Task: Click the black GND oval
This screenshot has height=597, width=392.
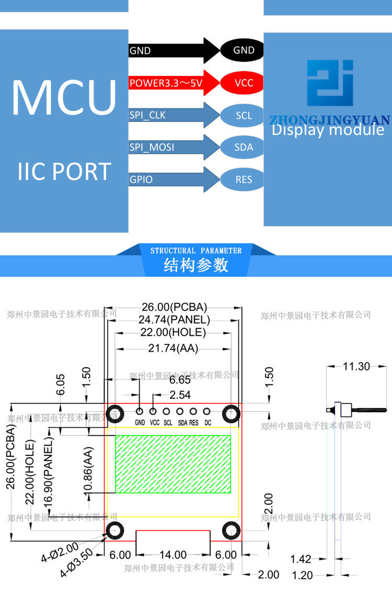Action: click(244, 50)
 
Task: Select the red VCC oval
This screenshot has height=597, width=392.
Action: click(244, 83)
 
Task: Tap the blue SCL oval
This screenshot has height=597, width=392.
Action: click(244, 116)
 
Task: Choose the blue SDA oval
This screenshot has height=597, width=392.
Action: click(244, 148)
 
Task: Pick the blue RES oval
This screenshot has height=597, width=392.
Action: click(244, 180)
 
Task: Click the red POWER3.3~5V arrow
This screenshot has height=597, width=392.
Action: click(172, 83)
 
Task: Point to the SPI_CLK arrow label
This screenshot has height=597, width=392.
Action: click(148, 115)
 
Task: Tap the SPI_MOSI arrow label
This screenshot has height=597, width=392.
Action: click(152, 148)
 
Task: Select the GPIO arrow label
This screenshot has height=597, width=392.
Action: click(141, 180)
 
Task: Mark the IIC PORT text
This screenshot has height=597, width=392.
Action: click(64, 172)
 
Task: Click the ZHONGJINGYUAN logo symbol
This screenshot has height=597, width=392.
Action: click(330, 84)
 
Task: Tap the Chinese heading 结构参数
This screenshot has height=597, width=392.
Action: click(196, 265)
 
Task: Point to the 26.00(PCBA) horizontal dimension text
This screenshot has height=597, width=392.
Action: click(175, 307)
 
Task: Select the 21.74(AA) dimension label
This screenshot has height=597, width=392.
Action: click(172, 348)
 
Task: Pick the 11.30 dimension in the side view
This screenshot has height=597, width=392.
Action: click(356, 366)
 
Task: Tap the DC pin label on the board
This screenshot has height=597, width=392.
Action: click(207, 423)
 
